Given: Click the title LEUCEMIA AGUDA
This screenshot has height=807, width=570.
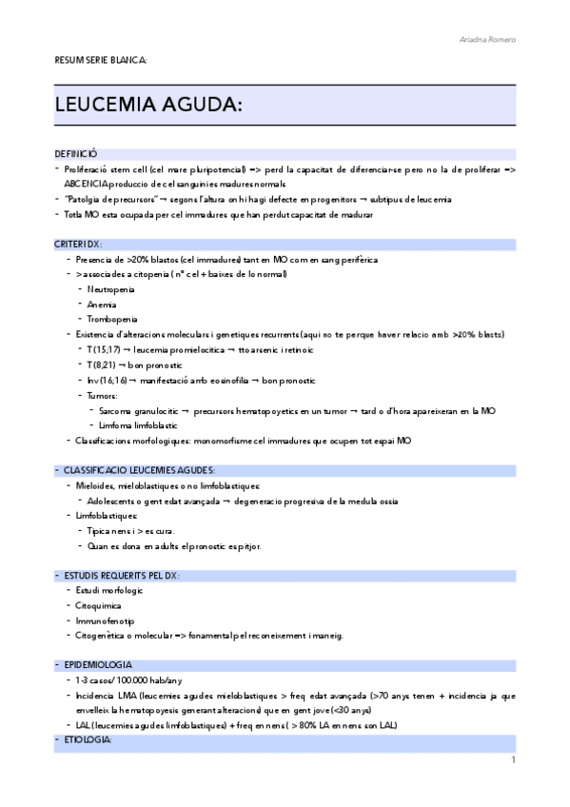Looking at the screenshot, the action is [151, 104].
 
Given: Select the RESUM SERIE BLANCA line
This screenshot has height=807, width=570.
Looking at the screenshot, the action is [100, 60].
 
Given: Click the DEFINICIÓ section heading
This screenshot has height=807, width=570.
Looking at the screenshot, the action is [76, 153].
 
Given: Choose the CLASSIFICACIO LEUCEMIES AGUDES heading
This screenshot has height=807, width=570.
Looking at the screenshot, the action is [138, 470].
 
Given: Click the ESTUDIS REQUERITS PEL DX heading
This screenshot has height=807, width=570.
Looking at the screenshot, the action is [121, 576].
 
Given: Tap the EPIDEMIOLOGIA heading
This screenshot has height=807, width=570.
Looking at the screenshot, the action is [98, 664].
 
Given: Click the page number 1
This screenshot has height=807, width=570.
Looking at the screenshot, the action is [512, 759].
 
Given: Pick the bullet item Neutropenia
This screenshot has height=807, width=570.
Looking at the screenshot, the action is [110, 289].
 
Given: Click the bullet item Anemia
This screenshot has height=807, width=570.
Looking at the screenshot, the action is [102, 305].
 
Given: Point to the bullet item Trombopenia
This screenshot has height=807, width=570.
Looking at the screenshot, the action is [111, 320].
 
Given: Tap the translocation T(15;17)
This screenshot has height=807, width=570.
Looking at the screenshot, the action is [104, 350].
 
